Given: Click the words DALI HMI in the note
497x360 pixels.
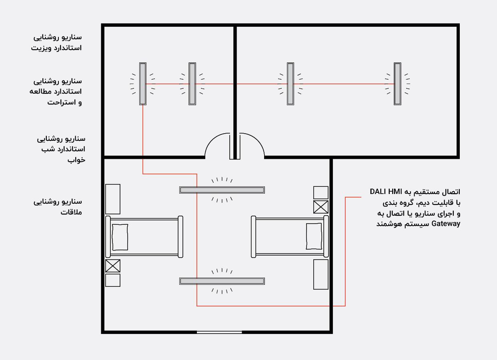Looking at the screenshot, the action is pos(386,192).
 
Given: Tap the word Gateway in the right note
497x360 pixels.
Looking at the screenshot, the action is pos(446,224).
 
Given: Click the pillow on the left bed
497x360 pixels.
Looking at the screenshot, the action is pos(120,237).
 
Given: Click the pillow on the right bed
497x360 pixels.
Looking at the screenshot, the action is pos(314,236).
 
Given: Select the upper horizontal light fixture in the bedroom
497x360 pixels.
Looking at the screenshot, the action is pos(222,190).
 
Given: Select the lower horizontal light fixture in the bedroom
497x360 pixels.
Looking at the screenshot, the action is pos(222,281).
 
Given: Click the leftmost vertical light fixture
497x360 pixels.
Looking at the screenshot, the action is pos(143,84).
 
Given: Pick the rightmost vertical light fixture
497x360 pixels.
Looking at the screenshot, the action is pos(397,84).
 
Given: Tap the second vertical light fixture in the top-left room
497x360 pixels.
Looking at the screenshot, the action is pos(192,84).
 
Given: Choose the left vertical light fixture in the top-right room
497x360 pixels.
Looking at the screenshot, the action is pos(291,84).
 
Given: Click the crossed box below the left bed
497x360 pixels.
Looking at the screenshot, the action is pos(113,266).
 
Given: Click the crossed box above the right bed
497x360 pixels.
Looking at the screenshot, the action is pos(321,207).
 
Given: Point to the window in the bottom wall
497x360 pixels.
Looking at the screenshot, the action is pos(219,332).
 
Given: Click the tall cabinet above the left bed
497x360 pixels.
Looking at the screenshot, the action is pos(113,199).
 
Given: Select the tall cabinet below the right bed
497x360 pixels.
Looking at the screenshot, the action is pos(321,275).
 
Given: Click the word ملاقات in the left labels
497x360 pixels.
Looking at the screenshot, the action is pos(71,212).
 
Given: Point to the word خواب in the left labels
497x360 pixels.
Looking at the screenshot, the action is pos(76,160).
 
